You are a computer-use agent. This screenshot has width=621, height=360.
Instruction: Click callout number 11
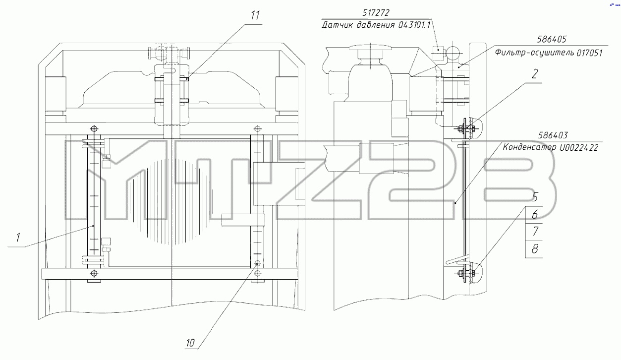tap(255, 15)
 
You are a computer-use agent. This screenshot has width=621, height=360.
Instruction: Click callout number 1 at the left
tap(18, 238)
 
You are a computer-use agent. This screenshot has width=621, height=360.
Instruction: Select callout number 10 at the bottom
tap(190, 343)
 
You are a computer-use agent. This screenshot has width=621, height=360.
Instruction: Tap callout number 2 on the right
tap(535, 74)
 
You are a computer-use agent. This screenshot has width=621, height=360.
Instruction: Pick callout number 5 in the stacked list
tap(535, 197)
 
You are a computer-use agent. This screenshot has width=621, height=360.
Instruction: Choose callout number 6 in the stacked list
tap(535, 214)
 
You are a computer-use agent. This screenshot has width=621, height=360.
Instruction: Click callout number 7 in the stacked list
tap(535, 231)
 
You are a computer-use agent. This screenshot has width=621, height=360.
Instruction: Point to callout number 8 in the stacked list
tap(535, 249)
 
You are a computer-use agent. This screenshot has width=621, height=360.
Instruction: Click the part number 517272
tap(376, 13)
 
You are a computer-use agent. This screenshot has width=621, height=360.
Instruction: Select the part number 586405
tap(552, 39)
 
